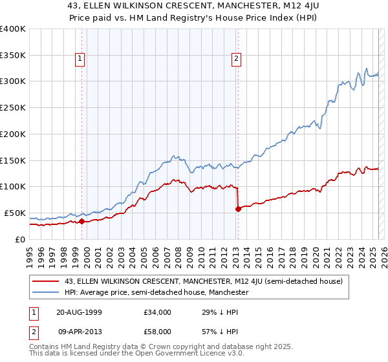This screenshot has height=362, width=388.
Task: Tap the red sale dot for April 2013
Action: (238, 208)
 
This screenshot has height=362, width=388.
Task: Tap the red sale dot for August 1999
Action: (82, 221)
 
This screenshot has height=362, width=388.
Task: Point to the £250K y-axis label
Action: (13, 107)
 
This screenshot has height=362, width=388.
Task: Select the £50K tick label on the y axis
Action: (15, 213)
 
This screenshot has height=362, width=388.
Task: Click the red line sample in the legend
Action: (45, 281)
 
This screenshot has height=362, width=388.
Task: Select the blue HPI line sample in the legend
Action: (45, 292)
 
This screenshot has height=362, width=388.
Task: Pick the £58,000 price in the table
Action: (158, 332)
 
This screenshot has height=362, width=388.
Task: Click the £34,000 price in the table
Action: (158, 312)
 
